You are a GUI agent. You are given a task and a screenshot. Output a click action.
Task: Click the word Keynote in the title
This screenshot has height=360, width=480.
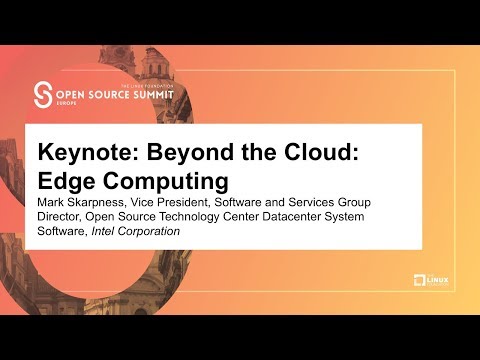[85, 154]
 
